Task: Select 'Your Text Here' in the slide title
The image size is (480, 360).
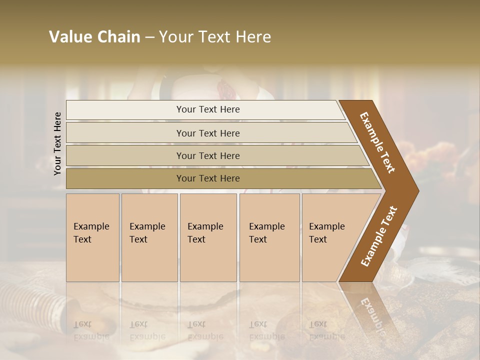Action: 215,37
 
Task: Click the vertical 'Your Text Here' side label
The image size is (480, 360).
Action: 57,144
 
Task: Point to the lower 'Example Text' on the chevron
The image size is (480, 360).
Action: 378,236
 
